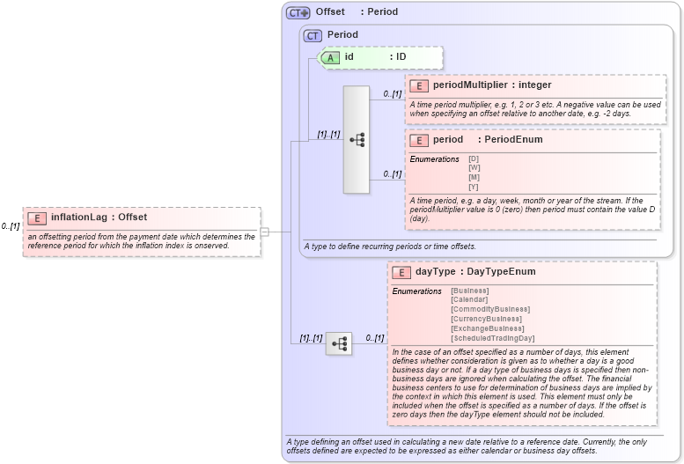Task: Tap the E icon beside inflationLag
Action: [x=37, y=217]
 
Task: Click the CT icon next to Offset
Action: [x=298, y=12]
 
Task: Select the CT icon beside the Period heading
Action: [x=313, y=35]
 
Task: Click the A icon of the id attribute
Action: [x=330, y=57]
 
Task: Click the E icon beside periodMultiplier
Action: [x=419, y=85]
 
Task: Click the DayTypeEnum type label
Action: [x=501, y=272]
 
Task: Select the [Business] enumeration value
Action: [x=469, y=291]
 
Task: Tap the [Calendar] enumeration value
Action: [x=469, y=300]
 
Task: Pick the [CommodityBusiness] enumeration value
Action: [x=490, y=309]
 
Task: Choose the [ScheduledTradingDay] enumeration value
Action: [x=492, y=338]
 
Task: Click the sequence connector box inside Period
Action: [x=357, y=139]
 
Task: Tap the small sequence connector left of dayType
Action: [x=339, y=343]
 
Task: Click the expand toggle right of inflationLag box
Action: [x=264, y=232]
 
